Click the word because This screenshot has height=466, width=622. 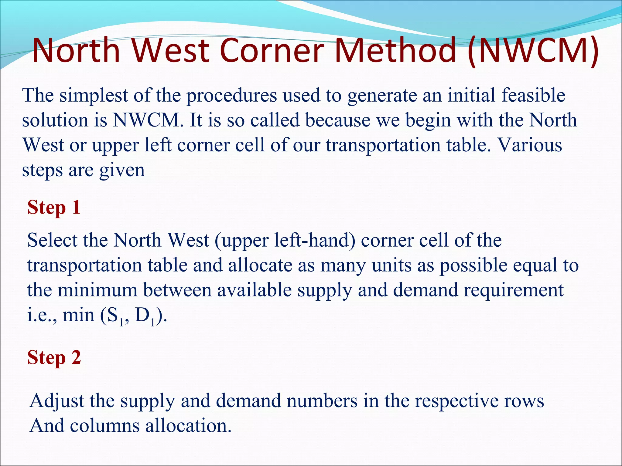coord(338,120)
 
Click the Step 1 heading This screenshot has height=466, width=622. coord(54,208)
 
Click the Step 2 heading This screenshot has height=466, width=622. coord(54,357)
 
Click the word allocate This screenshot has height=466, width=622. coord(260,265)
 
